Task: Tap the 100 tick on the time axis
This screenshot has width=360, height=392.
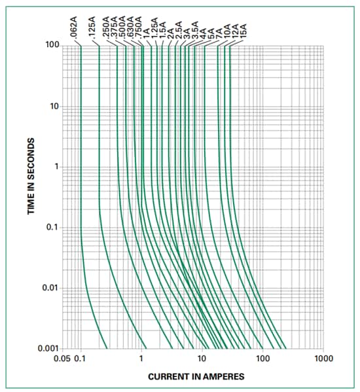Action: pyautogui.click(x=52, y=46)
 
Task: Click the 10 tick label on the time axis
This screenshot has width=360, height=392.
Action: pyautogui.click(x=55, y=107)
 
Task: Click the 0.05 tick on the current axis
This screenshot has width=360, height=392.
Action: pyautogui.click(x=63, y=359)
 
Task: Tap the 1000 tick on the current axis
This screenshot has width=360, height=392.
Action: pyautogui.click(x=323, y=359)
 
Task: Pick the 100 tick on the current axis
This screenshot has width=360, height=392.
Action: pyautogui.click(x=262, y=359)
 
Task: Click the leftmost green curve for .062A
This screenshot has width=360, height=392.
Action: pyautogui.click(x=81, y=164)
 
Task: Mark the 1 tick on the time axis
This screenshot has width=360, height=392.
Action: pyautogui.click(x=57, y=167)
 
